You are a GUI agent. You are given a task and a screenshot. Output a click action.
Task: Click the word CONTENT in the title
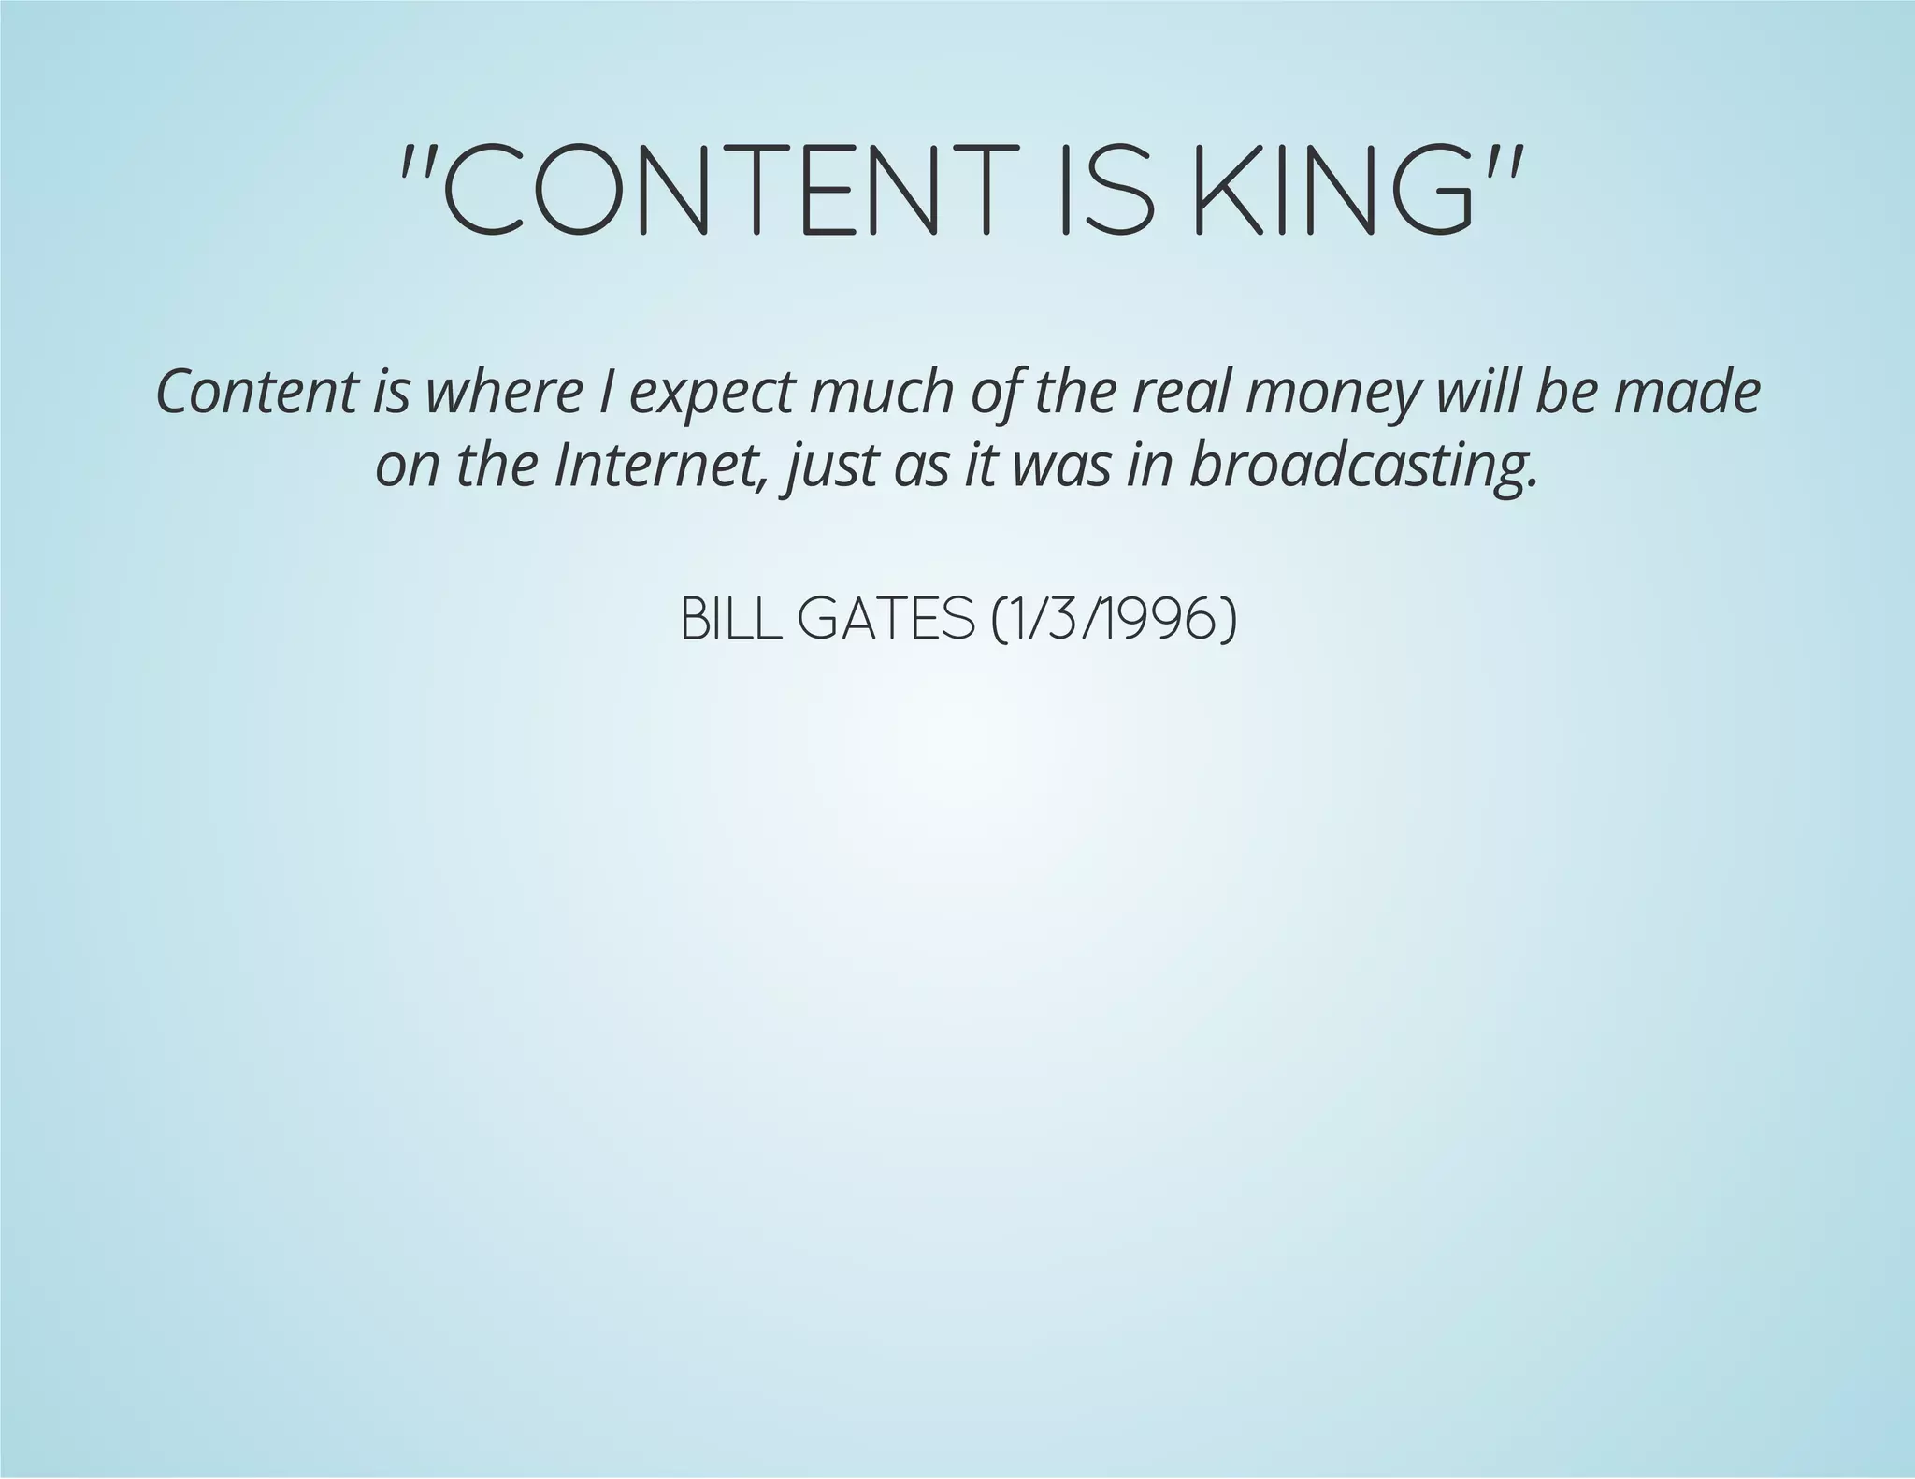coord(715,189)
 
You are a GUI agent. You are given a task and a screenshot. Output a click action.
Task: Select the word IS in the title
coord(1104,189)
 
